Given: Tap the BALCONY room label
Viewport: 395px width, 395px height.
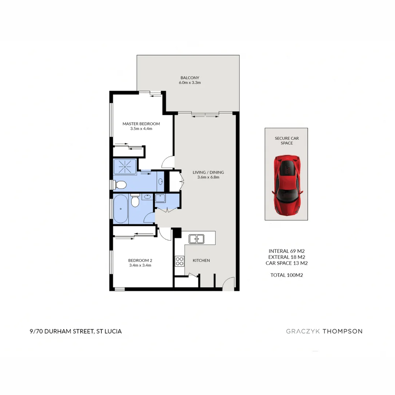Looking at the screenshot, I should pyautogui.click(x=189, y=80).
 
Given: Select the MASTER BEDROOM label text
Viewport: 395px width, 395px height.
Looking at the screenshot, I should pyautogui.click(x=141, y=126).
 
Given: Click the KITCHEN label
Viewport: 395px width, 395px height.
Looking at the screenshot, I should pyautogui.click(x=201, y=260).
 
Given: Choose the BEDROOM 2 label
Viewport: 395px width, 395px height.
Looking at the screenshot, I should pyautogui.click(x=140, y=263).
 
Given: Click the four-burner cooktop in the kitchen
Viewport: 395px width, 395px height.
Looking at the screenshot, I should pyautogui.click(x=180, y=261).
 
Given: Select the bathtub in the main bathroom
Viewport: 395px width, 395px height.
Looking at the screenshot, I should pyautogui.click(x=121, y=209).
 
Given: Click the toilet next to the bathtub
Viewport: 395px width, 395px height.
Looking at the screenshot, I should pyautogui.click(x=135, y=201).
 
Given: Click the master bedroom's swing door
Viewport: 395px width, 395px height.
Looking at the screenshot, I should pyautogui.click(x=168, y=161).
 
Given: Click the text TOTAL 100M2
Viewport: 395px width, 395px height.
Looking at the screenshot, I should pyautogui.click(x=286, y=275).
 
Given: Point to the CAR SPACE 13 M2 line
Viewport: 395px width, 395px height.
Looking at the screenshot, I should pyautogui.click(x=286, y=263).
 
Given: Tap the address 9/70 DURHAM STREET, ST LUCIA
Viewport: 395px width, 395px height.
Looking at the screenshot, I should pyautogui.click(x=76, y=331).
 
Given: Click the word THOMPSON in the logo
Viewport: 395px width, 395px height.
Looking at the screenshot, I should pyautogui.click(x=342, y=331).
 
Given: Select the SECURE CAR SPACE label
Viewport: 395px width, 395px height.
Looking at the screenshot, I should pyautogui.click(x=287, y=140).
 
